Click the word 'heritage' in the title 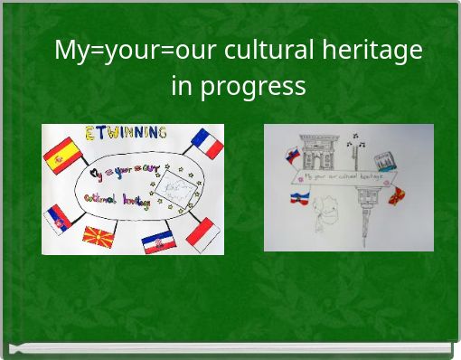click(x=375, y=50)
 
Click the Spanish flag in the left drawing click(x=62, y=155)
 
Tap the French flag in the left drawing click(x=206, y=144)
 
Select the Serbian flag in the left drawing click(x=57, y=218)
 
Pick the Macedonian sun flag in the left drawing click(x=98, y=239)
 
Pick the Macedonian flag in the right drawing click(x=397, y=194)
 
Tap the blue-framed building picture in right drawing click(x=387, y=161)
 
